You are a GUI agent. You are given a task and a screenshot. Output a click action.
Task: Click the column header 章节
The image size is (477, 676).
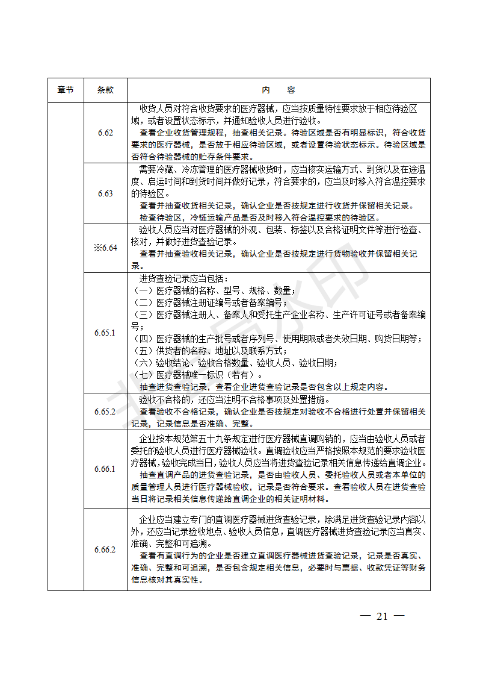point(66,90)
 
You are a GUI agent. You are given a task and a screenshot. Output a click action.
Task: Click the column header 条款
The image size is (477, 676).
point(105,90)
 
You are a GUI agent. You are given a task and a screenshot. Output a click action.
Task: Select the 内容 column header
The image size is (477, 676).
point(279,90)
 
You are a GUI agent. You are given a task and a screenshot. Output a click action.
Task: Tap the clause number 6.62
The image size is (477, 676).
point(105,133)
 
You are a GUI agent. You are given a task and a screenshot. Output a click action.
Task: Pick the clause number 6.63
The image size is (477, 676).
point(105,193)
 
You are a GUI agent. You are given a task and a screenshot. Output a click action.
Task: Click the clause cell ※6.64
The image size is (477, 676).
point(105,248)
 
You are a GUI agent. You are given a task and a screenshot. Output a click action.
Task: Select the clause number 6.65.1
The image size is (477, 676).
point(105,333)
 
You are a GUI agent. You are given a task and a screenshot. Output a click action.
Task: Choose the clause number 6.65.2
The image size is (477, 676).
point(105,412)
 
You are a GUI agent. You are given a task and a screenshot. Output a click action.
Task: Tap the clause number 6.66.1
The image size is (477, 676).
point(105,469)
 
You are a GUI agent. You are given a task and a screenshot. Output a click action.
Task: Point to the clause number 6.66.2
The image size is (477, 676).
point(105,549)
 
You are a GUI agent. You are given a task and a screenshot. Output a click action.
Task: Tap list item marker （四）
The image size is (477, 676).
point(143,339)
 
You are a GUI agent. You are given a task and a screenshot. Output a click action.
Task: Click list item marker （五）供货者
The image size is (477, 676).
point(143,351)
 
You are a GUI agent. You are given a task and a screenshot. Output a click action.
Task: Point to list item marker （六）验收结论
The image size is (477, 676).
point(143,363)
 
